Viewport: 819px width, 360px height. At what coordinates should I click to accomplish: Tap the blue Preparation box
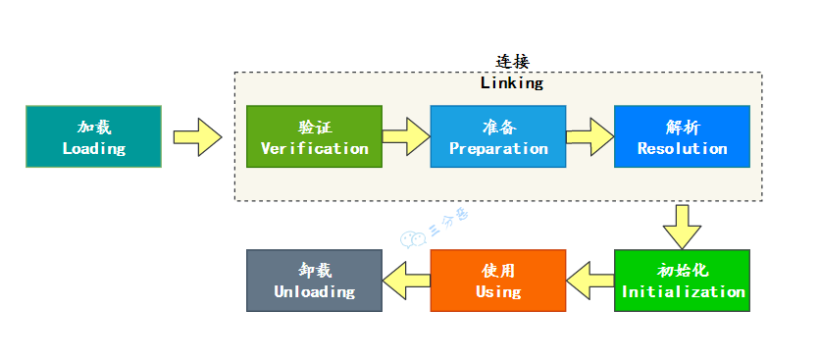point(498,136)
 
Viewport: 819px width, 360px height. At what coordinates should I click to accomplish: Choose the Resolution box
point(682,136)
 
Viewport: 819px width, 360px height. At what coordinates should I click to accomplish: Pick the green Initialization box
point(683,281)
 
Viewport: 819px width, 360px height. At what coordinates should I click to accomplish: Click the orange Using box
point(498,281)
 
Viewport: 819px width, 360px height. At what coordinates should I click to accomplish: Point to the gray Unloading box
point(314,281)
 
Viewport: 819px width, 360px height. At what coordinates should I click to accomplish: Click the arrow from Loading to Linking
point(197,136)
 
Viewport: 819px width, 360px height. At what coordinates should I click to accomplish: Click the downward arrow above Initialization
point(682,225)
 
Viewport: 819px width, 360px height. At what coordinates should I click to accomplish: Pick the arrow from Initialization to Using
point(591,279)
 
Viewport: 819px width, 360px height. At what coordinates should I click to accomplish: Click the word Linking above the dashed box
point(511,83)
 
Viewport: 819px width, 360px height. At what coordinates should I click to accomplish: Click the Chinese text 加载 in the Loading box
point(94,128)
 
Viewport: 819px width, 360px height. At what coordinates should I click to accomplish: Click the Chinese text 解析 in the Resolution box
point(682,128)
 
